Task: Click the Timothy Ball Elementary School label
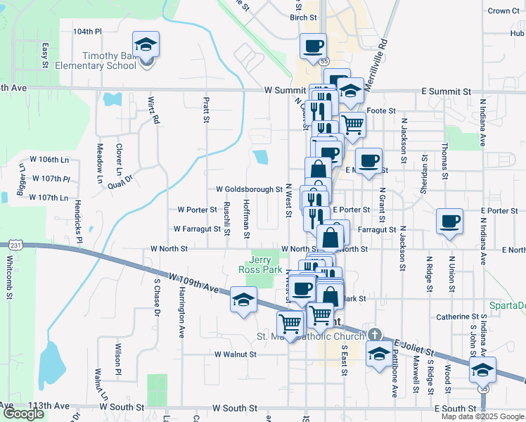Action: point(109,61)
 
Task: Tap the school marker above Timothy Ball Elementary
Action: point(146,45)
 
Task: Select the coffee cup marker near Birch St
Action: point(313,47)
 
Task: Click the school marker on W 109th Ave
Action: point(243,300)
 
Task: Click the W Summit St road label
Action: point(281,91)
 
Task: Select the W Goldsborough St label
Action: point(249,189)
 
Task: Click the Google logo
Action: point(23,414)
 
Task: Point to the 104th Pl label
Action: point(87,32)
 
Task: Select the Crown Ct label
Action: point(503,11)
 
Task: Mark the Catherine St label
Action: point(457,317)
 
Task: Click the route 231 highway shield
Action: point(13,245)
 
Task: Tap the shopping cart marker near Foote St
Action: point(352,124)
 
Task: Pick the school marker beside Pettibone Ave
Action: point(379,354)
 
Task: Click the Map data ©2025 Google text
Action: point(482,416)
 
